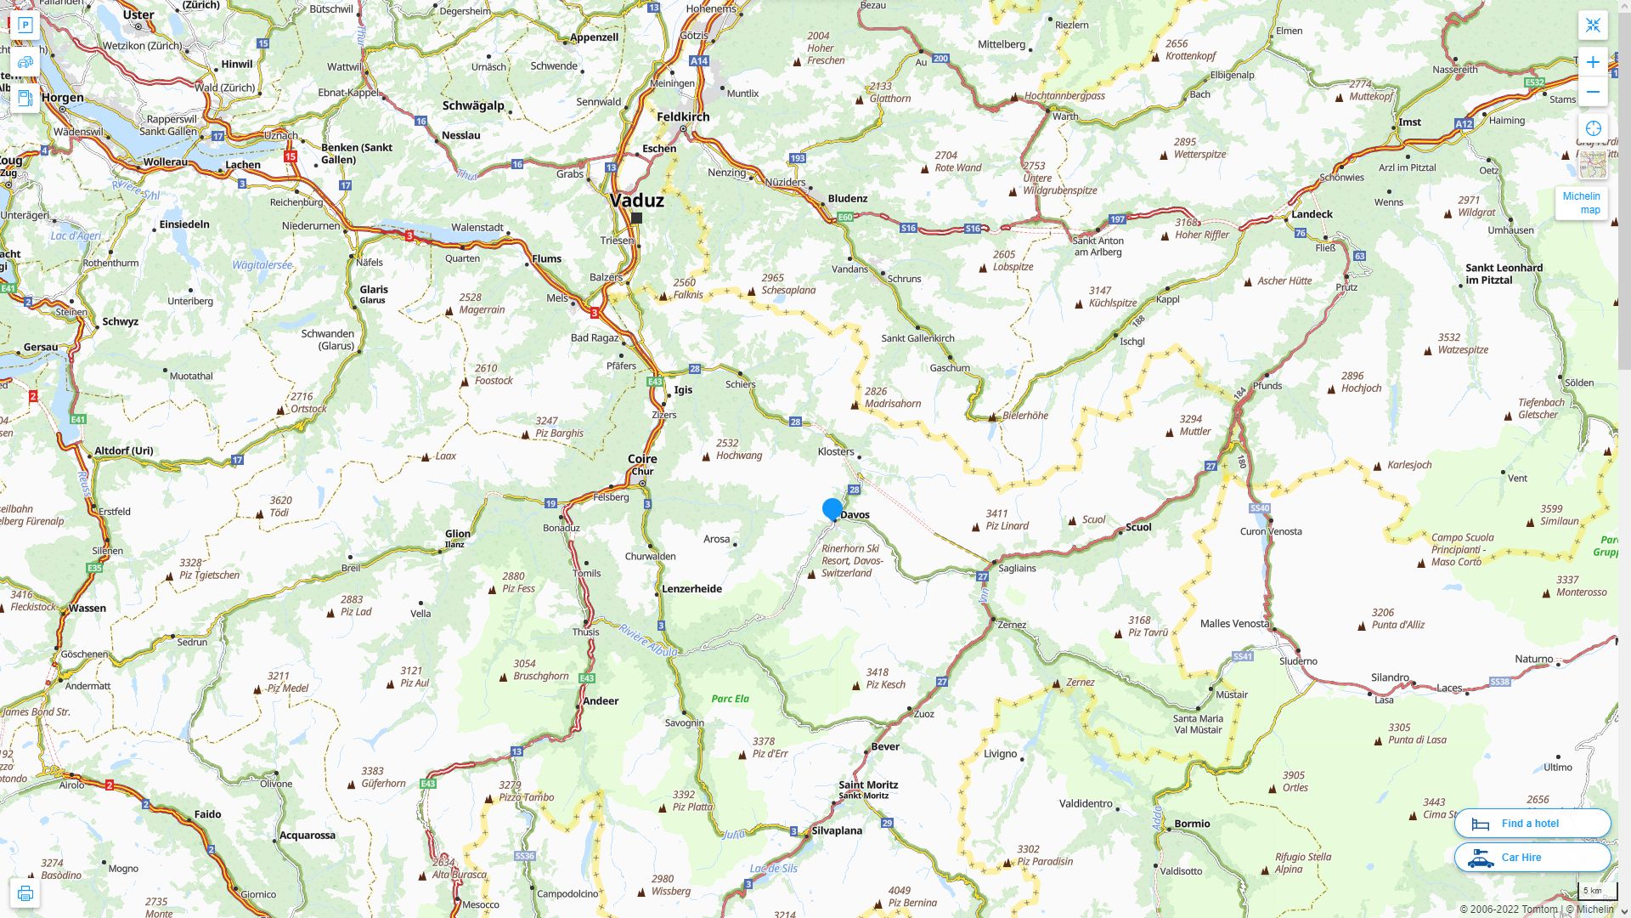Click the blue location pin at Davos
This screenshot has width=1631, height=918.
click(x=832, y=509)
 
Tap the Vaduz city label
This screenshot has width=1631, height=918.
click(x=636, y=201)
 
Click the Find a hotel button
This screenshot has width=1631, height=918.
click(x=1532, y=823)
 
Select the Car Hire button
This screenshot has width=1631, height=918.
click(x=1532, y=857)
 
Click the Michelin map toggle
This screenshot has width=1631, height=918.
click(x=1581, y=202)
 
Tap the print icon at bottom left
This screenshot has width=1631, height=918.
click(x=25, y=893)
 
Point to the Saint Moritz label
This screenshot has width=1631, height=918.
click(x=867, y=785)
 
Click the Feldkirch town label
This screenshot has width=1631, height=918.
click(x=682, y=116)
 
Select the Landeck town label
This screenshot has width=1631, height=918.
click(x=1312, y=214)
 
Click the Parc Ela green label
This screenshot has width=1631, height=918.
click(x=730, y=699)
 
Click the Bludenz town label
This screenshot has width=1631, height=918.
click(x=847, y=198)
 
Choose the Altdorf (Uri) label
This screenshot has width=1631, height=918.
click(x=123, y=450)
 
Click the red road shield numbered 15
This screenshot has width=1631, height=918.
click(x=291, y=156)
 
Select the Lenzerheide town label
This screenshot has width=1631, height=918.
click(x=691, y=588)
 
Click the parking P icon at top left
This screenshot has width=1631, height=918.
click(x=25, y=25)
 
